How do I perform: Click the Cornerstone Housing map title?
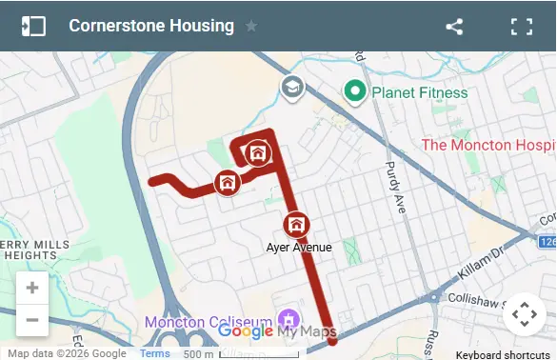tap(151, 26)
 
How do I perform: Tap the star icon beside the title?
tap(251, 26)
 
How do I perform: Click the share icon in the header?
tap(454, 26)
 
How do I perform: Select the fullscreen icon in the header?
tap(521, 26)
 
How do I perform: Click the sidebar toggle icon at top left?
tap(33, 26)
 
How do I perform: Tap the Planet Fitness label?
tap(419, 92)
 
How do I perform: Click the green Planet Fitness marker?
tap(355, 91)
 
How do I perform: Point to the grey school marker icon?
tap(291, 88)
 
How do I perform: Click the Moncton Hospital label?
tap(487, 145)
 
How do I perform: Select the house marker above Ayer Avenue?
tap(296, 225)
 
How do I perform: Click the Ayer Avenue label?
tap(298, 247)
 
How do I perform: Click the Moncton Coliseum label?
tap(209, 322)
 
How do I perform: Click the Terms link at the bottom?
tap(155, 353)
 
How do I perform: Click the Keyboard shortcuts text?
tap(502, 354)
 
